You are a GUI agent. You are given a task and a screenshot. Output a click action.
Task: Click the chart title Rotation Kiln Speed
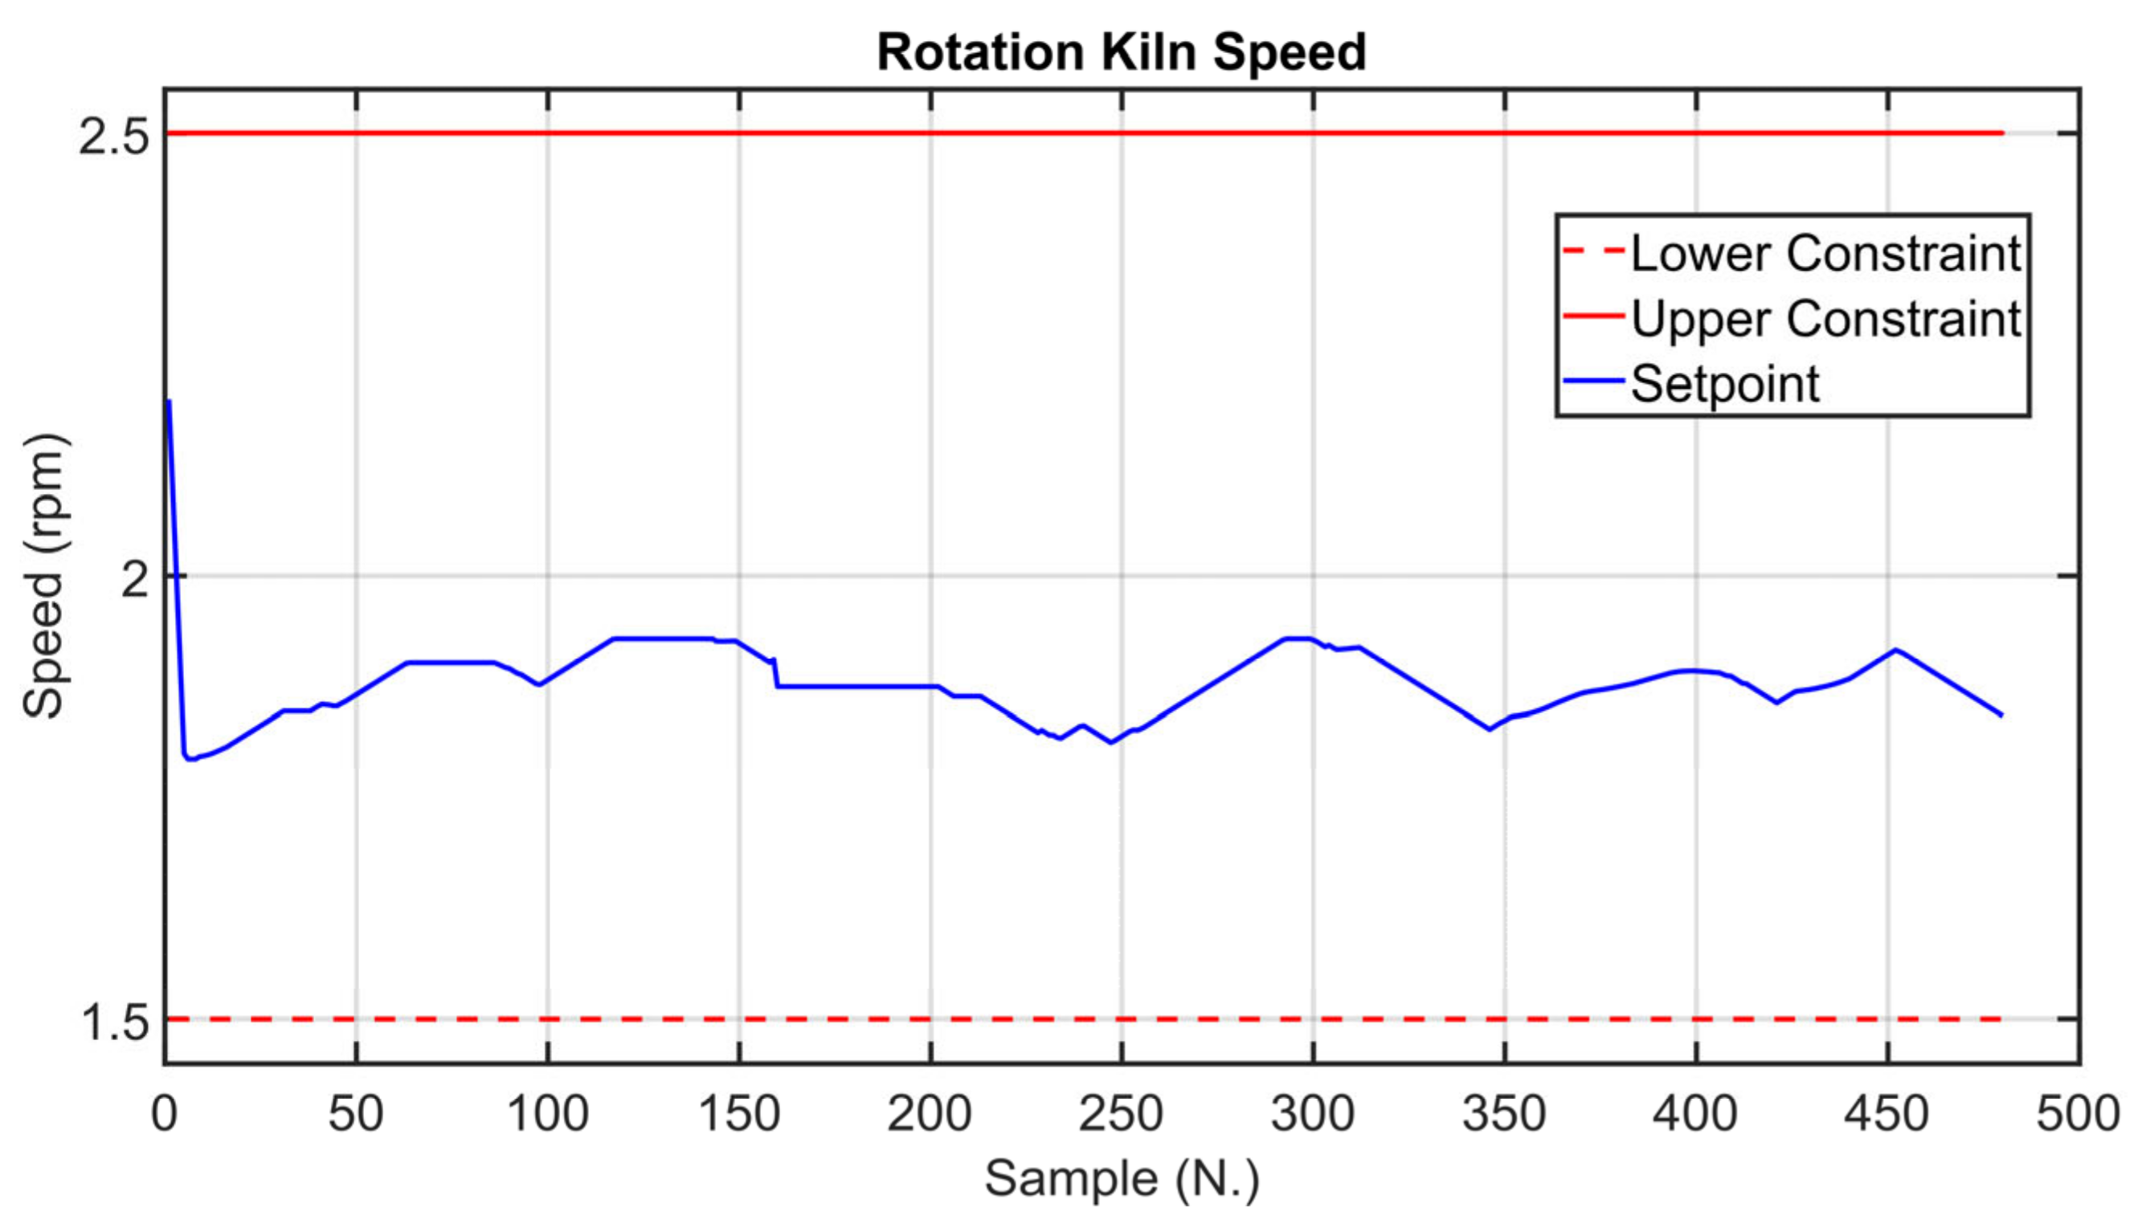(1121, 52)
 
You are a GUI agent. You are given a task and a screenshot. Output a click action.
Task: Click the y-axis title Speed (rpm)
(43, 576)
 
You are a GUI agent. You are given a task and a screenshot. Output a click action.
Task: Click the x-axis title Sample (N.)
(1121, 1177)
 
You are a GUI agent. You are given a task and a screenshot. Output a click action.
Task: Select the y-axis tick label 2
(134, 579)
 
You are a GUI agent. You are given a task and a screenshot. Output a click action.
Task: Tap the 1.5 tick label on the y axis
(113, 1023)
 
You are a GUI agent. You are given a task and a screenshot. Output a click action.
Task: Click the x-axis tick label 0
(165, 1114)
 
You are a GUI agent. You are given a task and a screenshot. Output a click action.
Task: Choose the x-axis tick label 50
(356, 1114)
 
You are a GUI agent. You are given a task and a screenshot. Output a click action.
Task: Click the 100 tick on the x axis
(547, 1114)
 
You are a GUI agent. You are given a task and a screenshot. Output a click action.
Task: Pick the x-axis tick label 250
(1121, 1114)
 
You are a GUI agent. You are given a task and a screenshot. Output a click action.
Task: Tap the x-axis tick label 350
(1504, 1114)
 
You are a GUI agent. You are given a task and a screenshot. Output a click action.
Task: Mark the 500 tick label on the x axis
(2078, 1114)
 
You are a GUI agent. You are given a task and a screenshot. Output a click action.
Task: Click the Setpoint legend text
(1724, 384)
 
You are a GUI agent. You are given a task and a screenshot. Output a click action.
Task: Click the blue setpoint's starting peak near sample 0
(169, 401)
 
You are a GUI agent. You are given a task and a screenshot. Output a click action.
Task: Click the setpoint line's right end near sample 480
(2001, 716)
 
